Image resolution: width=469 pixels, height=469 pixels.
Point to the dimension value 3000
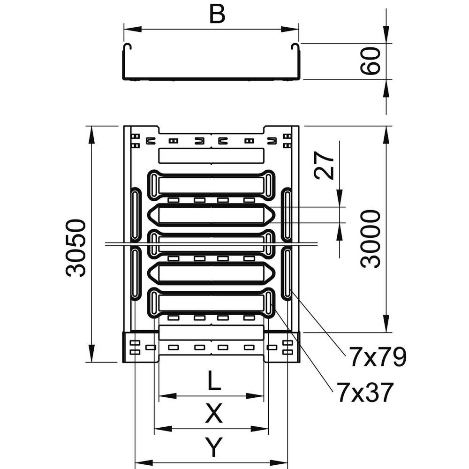(371, 239)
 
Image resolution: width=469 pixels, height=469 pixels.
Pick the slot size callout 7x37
(363, 393)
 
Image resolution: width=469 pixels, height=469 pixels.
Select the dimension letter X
(213, 414)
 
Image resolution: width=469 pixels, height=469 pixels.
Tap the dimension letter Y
(213, 447)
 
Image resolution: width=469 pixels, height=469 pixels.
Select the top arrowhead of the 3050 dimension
(91, 134)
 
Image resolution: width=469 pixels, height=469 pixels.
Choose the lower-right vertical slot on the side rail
(287, 273)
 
